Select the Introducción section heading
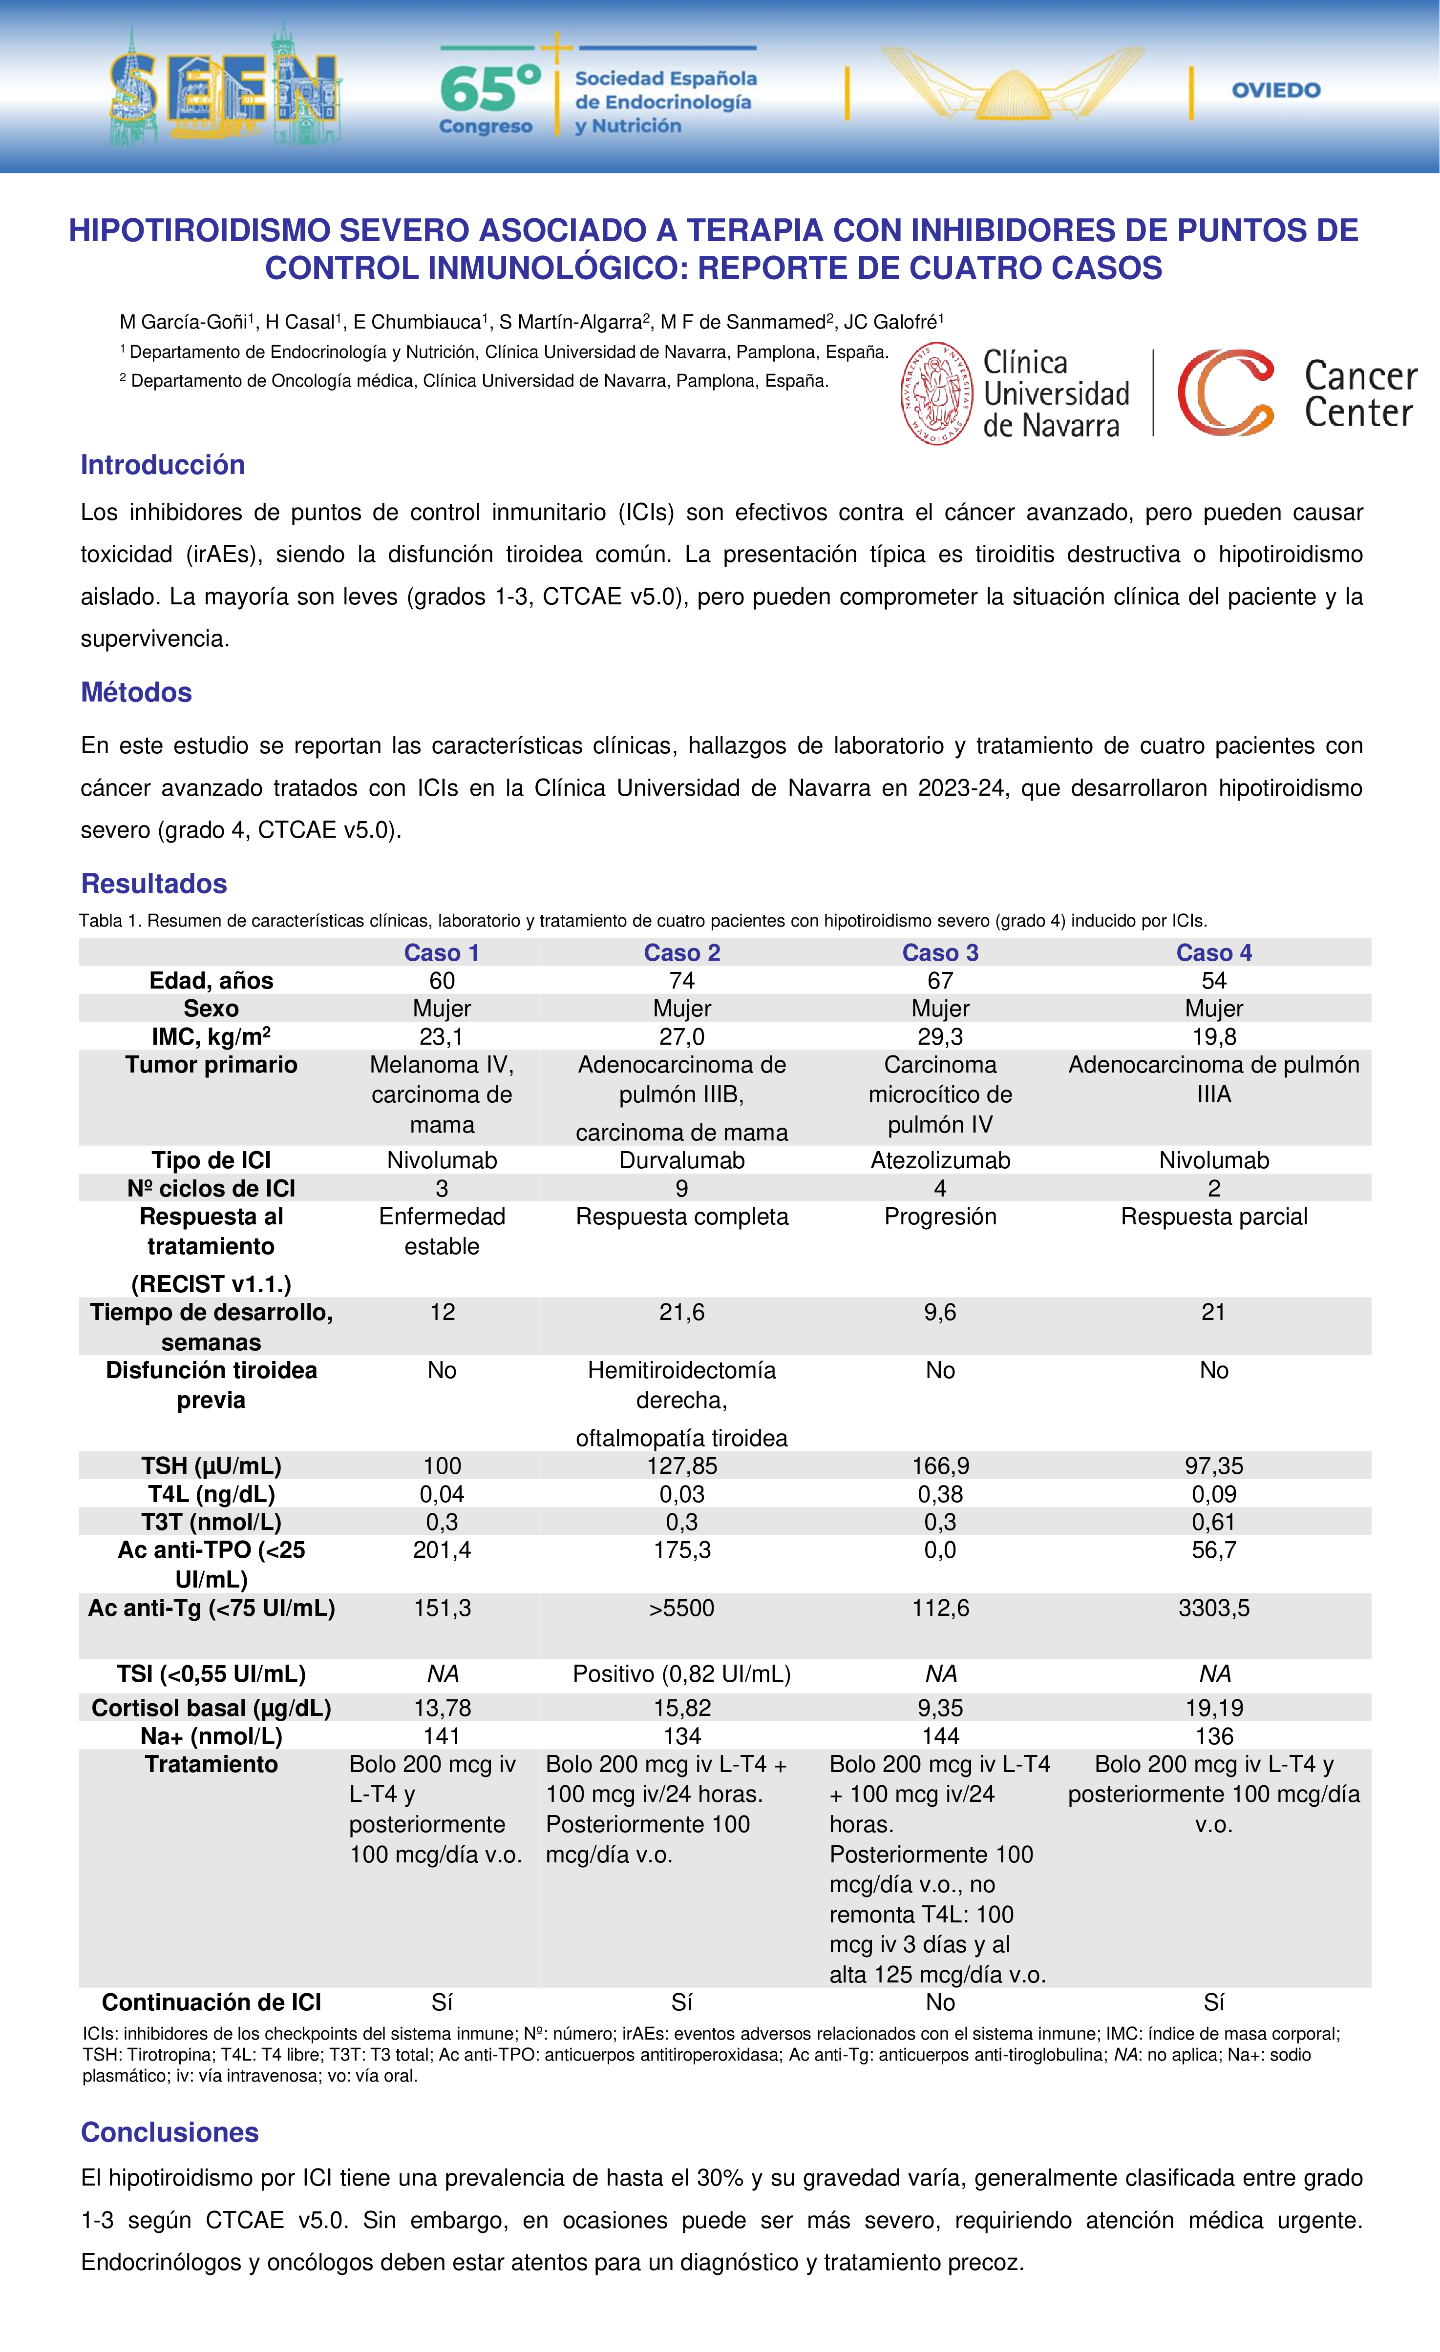[162, 465]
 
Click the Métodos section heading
[137, 692]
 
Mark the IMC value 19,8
[1214, 1037]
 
